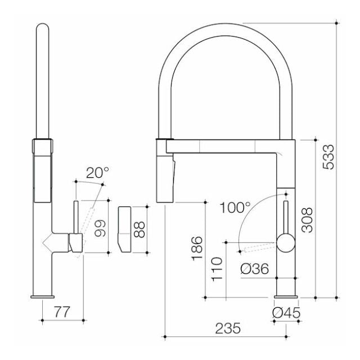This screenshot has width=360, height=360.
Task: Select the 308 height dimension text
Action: pyautogui.click(x=307, y=221)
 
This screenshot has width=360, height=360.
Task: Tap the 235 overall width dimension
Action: pyautogui.click(x=229, y=327)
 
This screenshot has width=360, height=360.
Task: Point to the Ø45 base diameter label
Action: pyautogui.click(x=286, y=313)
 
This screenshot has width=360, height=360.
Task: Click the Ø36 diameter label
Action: pyautogui.click(x=253, y=269)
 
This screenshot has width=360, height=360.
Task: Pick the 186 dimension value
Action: pyautogui.click(x=197, y=247)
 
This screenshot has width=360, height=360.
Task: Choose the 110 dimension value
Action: pyautogui.click(x=217, y=269)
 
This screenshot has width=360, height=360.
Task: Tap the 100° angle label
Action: pyautogui.click(x=235, y=206)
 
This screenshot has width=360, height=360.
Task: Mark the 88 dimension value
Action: pyautogui.click(x=139, y=228)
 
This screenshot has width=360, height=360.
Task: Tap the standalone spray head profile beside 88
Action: pyautogui.click(x=124, y=228)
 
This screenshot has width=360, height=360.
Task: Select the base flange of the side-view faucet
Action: pyautogui.click(x=43, y=296)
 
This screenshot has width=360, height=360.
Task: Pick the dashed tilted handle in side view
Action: pyautogui.click(x=88, y=220)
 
